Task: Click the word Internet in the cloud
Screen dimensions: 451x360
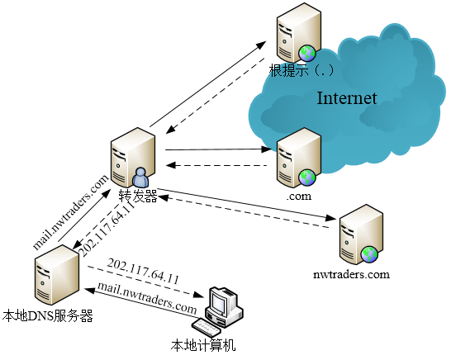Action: click(347, 98)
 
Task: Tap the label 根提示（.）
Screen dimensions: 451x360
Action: click(301, 70)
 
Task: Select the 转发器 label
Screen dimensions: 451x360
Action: click(138, 196)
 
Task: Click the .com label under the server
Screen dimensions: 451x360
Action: click(299, 197)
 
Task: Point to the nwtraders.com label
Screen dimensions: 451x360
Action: click(351, 274)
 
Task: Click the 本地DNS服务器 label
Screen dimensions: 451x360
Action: click(48, 315)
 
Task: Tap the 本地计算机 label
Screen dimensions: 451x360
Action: click(203, 345)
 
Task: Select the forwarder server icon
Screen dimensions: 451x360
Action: click(133, 158)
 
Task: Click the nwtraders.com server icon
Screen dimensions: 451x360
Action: click(362, 234)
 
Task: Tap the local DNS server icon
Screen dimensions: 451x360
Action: click(57, 275)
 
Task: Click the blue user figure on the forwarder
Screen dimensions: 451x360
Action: click(140, 178)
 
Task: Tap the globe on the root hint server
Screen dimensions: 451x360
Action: click(307, 53)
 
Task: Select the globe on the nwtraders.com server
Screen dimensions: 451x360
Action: click(369, 254)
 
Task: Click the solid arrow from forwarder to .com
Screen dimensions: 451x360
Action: click(218, 149)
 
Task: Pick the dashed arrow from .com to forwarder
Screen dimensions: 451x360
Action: click(216, 165)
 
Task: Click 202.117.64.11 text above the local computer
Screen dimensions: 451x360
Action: click(143, 271)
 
